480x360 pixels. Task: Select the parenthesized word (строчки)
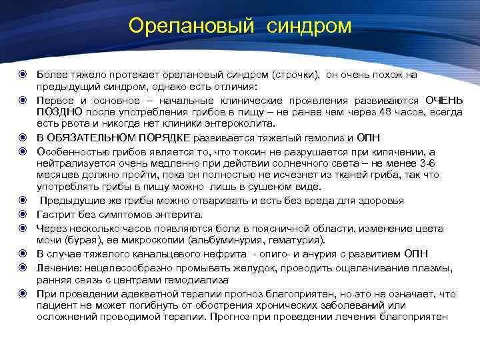295,75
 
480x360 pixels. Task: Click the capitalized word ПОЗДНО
60,111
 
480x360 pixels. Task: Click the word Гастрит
55,214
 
